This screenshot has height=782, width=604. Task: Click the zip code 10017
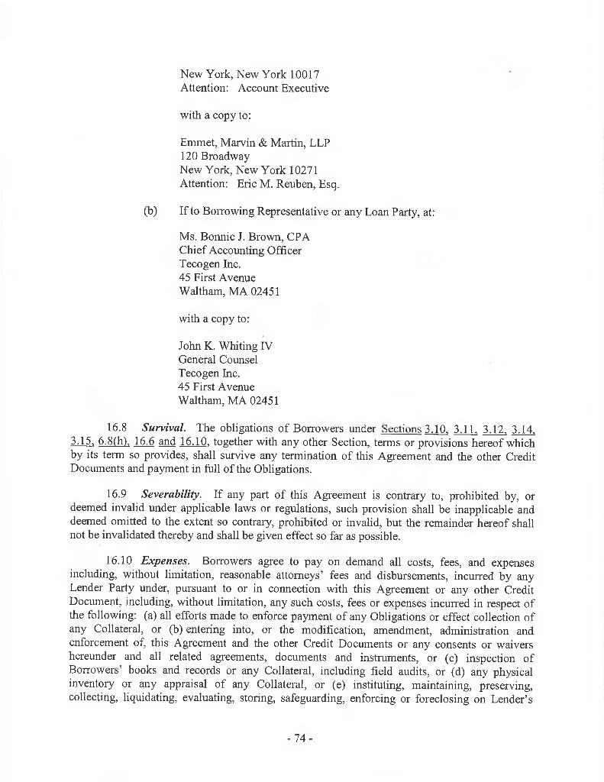pyautogui.click(x=304, y=75)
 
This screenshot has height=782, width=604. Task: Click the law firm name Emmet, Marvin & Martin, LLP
pyautogui.click(x=255, y=143)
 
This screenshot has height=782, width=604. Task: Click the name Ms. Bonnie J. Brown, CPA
pyautogui.click(x=244, y=237)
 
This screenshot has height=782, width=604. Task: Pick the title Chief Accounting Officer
pyautogui.click(x=240, y=250)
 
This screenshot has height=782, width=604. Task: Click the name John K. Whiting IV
pyautogui.click(x=225, y=346)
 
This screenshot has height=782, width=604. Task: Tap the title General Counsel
pyautogui.click(x=218, y=360)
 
